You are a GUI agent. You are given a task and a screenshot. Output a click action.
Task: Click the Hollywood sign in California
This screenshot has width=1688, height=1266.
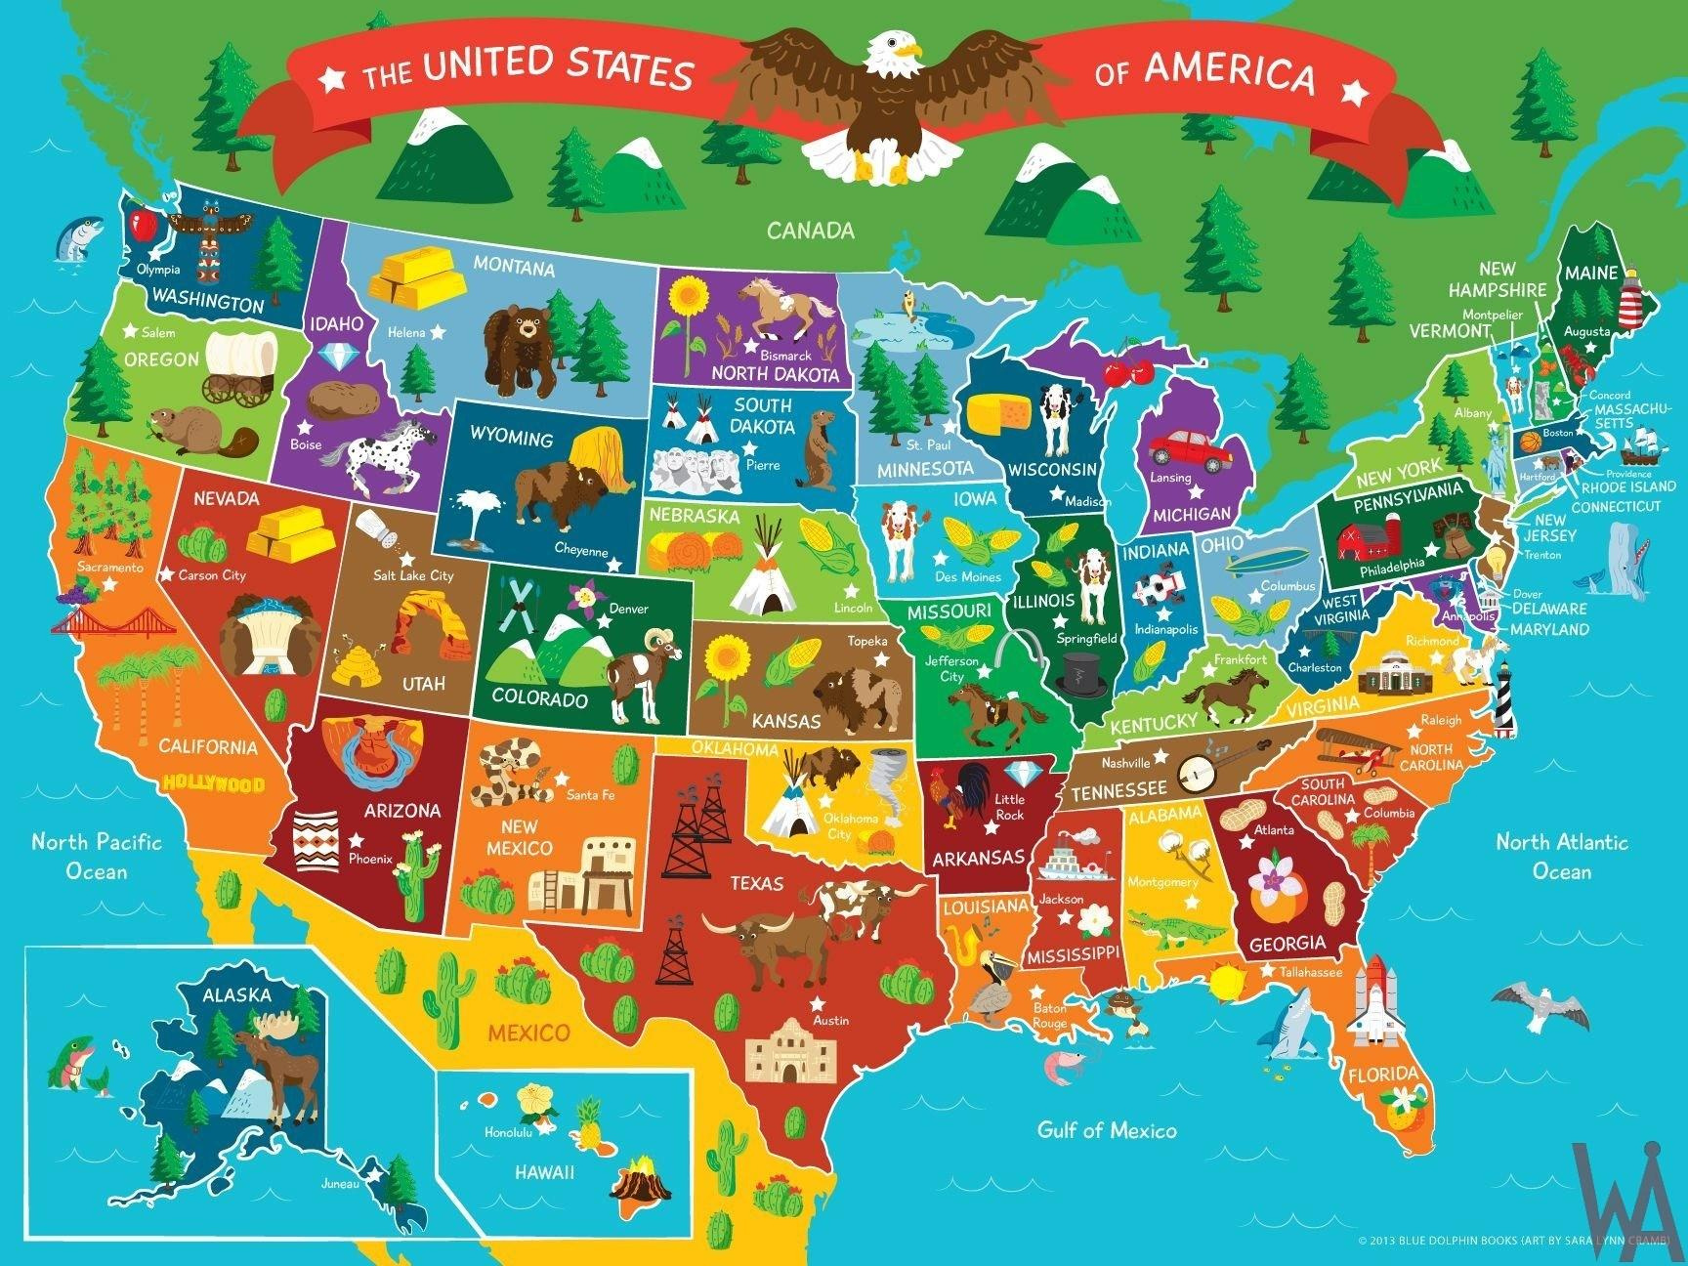(x=214, y=782)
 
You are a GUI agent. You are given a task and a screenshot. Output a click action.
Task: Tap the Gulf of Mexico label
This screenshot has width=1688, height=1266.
(x=1106, y=1130)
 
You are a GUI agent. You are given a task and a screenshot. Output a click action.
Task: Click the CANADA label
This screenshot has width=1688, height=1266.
(x=810, y=231)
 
